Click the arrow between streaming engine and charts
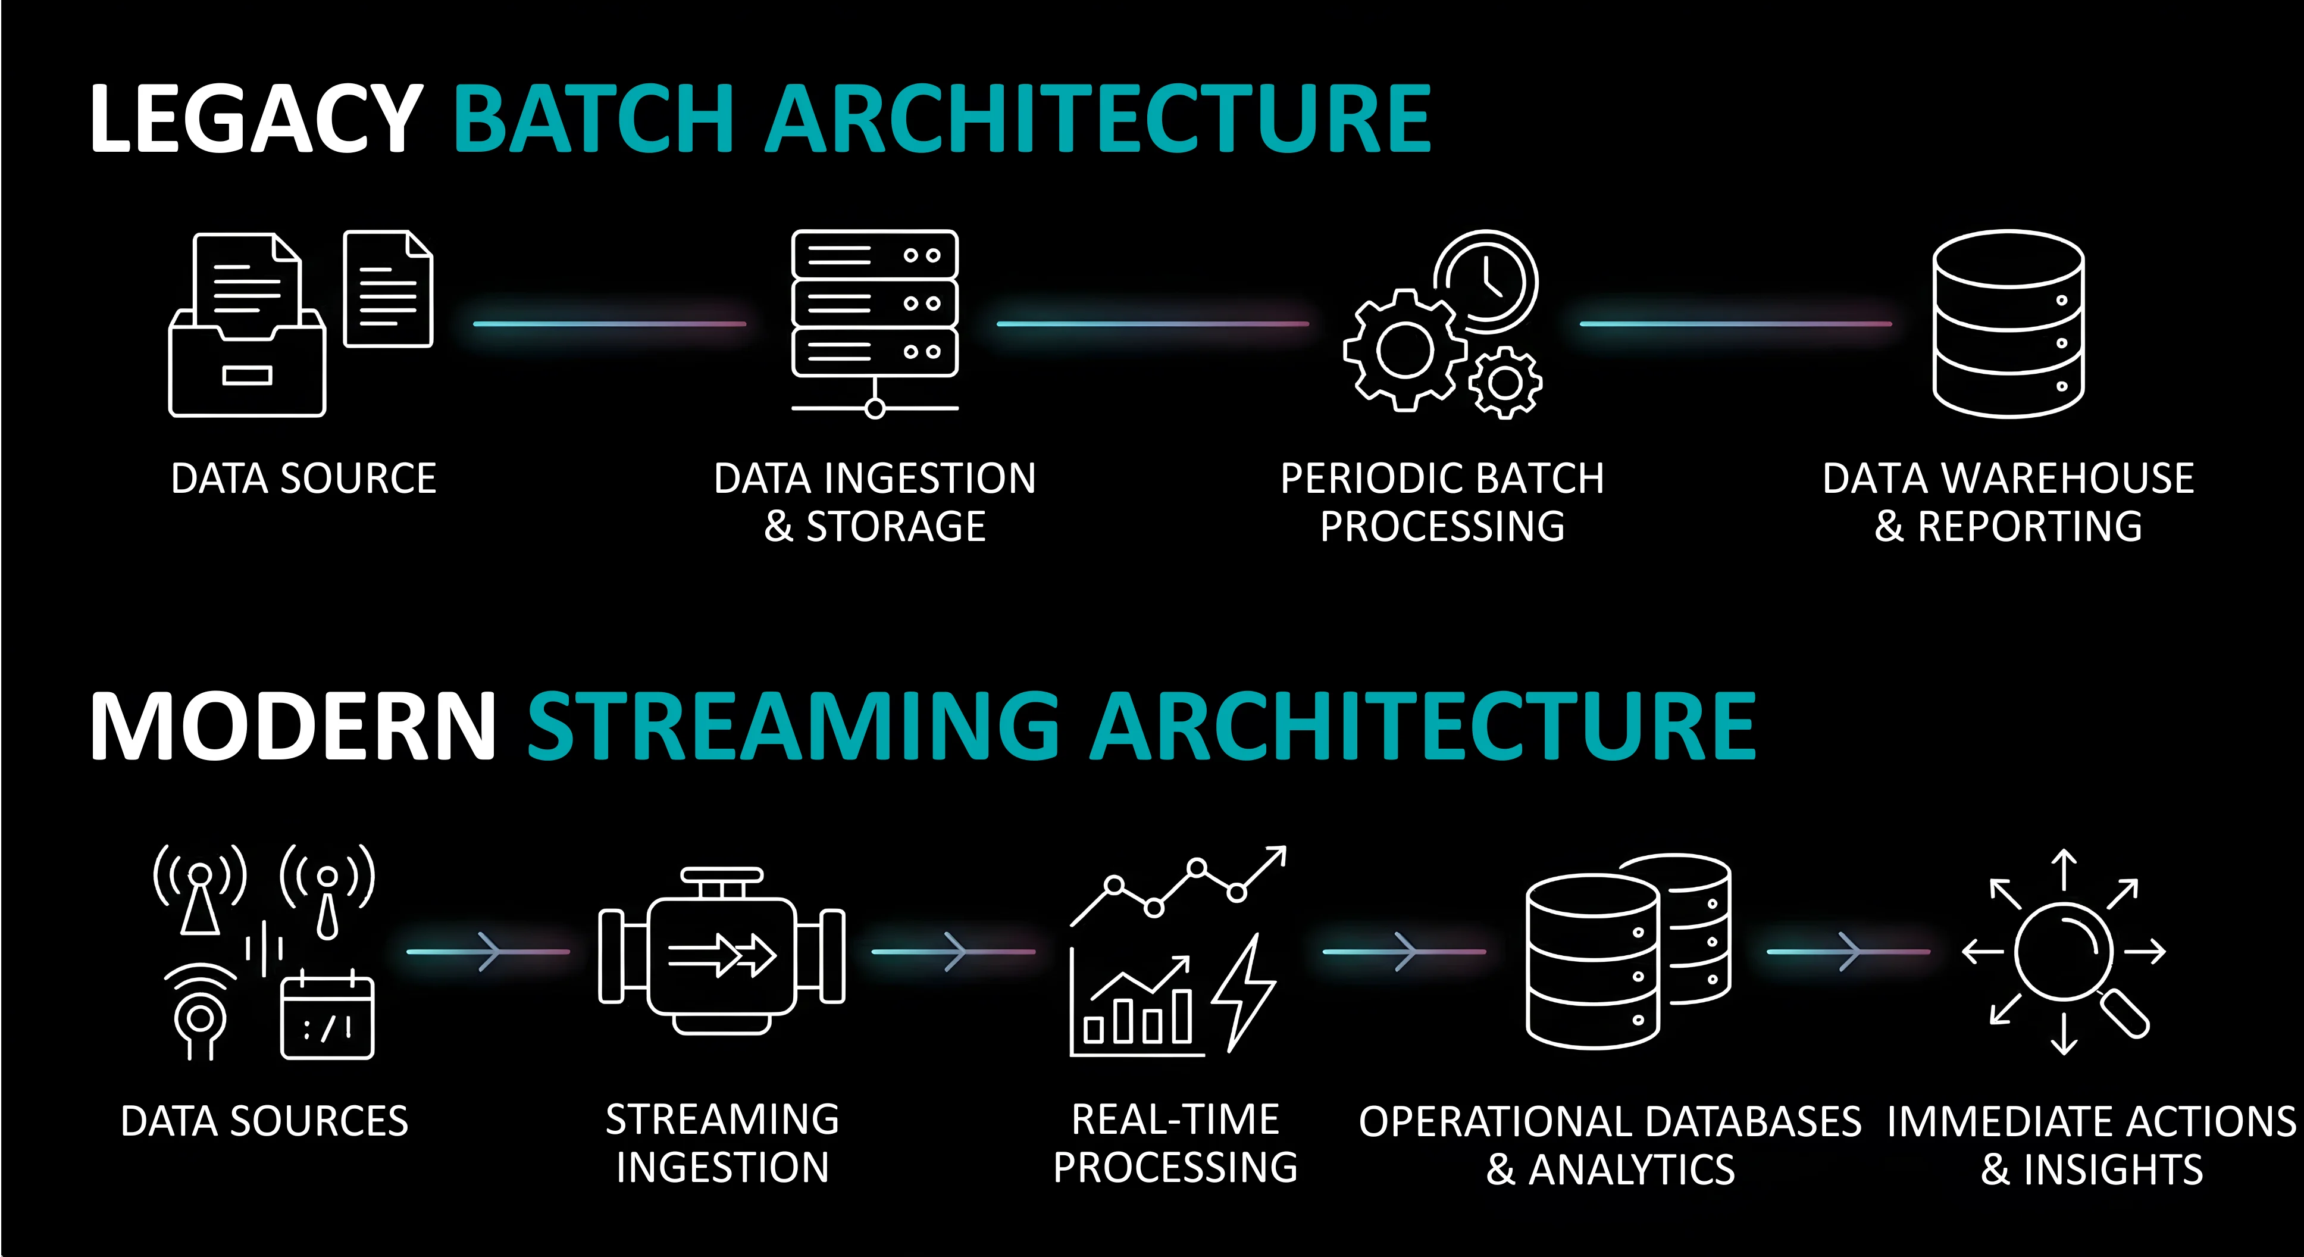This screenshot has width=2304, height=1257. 953,951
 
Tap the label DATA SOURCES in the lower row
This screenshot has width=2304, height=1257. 265,1121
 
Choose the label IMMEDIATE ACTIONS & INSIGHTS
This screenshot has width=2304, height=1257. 2091,1145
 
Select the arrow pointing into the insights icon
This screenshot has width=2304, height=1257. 1848,951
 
